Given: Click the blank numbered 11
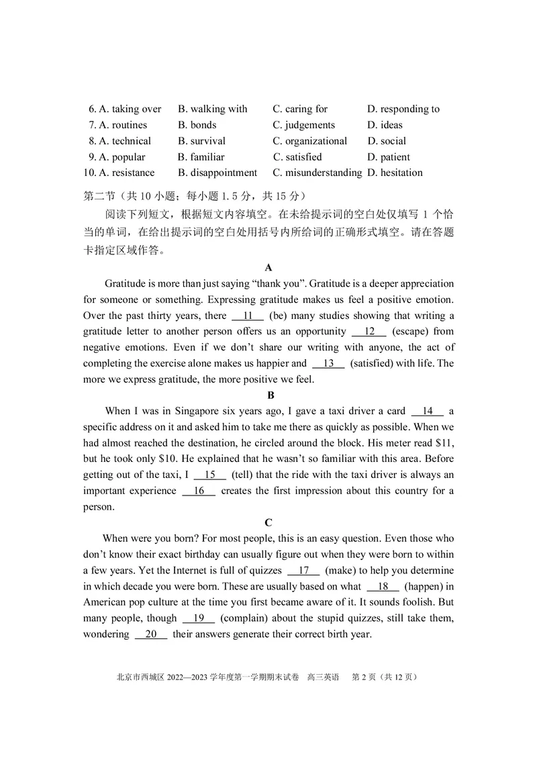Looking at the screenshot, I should click(248, 316).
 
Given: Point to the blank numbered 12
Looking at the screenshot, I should click(369, 332).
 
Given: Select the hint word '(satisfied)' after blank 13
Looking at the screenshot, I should click(373, 363).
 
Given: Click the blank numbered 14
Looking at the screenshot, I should click(427, 412).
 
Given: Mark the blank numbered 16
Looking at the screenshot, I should click(199, 491).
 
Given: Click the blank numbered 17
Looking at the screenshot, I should click(303, 571).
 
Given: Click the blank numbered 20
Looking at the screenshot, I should click(151, 634).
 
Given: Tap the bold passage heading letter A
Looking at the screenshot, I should click(268, 267).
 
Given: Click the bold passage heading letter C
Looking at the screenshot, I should click(268, 522).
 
